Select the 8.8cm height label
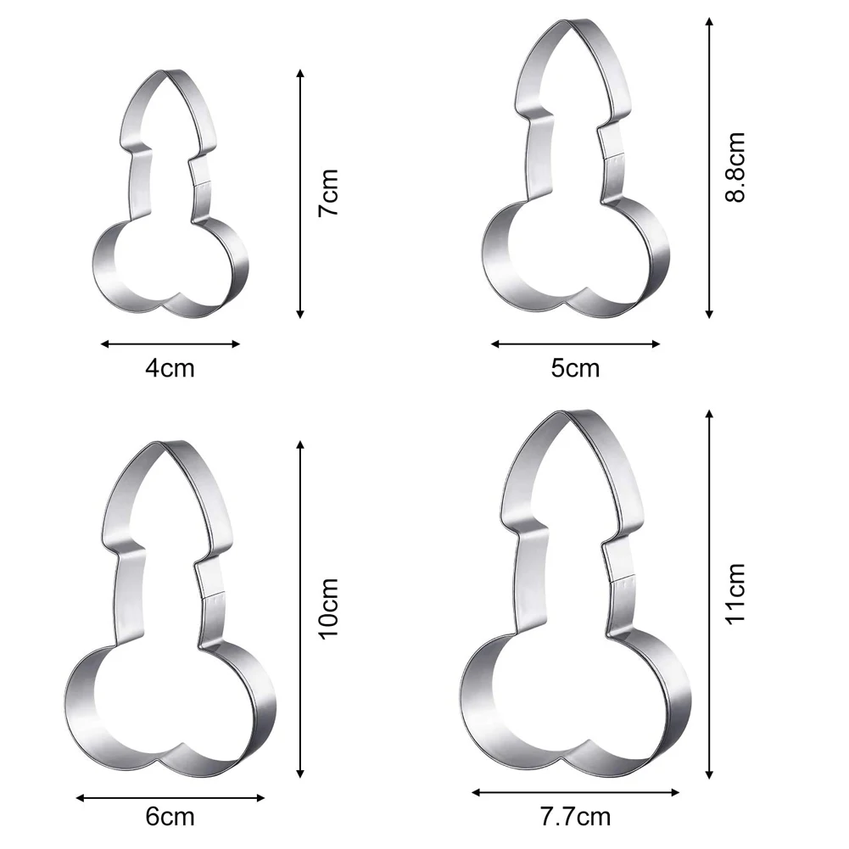tap(734, 167)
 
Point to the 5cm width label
tap(575, 368)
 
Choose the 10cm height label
tap(328, 607)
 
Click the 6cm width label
tap(170, 817)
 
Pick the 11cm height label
tap(734, 593)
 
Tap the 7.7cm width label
tap(576, 817)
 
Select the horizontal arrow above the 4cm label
tap(170, 344)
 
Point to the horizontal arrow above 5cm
tap(575, 344)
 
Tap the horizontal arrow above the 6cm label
tap(170, 796)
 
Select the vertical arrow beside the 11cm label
tap(709, 593)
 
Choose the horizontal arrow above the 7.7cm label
tap(576, 793)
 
